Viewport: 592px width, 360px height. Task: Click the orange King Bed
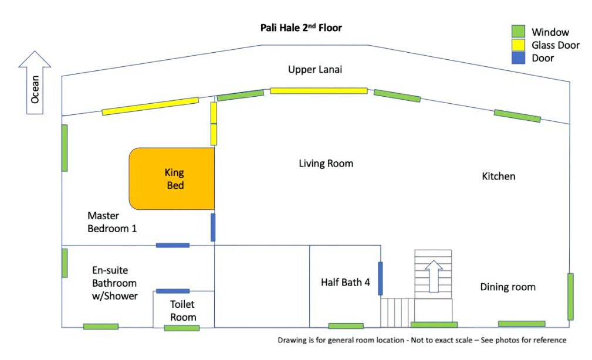[x=172, y=179]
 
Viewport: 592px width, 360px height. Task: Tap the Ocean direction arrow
[x=35, y=82]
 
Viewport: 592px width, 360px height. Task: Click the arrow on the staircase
[x=434, y=276]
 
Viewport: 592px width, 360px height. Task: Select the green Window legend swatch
[x=518, y=32]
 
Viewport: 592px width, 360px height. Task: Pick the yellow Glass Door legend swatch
[x=518, y=45]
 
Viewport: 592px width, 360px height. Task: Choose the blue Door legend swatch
[x=518, y=58]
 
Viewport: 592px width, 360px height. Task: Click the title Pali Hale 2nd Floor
[x=301, y=28]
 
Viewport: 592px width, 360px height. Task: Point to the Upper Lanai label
[x=315, y=70]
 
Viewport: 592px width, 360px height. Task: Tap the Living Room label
[x=326, y=164]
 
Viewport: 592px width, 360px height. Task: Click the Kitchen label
[x=499, y=176]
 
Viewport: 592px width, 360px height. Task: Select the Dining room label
[x=508, y=287]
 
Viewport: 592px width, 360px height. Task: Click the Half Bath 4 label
[x=346, y=282]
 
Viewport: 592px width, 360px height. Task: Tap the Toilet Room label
[x=183, y=311]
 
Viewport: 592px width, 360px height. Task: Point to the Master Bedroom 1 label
[x=112, y=222]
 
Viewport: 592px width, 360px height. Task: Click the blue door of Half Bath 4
[x=380, y=279]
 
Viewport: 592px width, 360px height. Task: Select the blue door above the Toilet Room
[x=172, y=291]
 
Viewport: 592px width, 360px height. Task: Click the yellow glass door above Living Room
[x=319, y=91]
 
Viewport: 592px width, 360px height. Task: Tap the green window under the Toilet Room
[x=182, y=328]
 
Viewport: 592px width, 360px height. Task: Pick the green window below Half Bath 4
[x=346, y=326]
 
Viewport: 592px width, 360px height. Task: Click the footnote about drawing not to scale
[x=422, y=340]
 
